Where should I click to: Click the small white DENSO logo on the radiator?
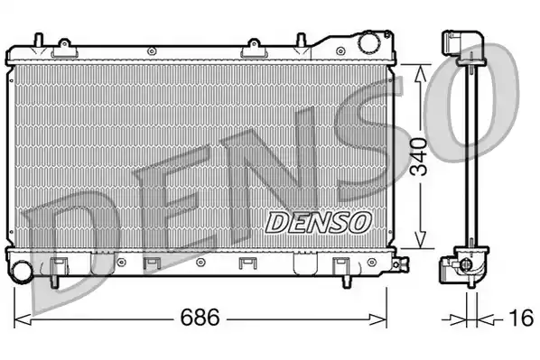317,219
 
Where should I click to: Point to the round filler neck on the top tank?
368,43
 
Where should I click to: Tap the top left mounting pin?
37,40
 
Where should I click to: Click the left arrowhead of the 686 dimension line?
23,318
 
